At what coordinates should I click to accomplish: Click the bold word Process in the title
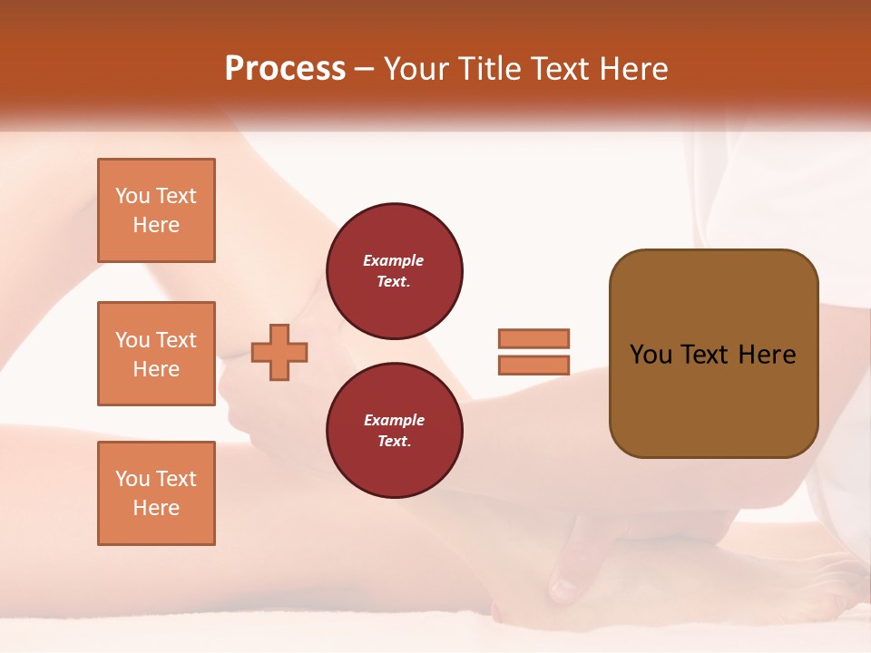(285, 69)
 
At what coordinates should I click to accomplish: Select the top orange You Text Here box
(156, 210)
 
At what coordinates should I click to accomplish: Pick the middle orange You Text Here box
(156, 354)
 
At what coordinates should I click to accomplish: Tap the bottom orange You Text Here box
(156, 493)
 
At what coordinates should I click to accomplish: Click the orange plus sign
(279, 352)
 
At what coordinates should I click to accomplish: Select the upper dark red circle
(394, 271)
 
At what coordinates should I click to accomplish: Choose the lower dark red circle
(394, 431)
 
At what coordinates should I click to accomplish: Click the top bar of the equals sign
(533, 338)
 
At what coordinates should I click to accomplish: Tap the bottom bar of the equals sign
(533, 365)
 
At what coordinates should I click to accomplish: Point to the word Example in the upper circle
(394, 260)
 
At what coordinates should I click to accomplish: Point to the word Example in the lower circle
(394, 420)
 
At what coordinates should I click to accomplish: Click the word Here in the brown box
(767, 355)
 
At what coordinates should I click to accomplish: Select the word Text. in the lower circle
(394, 442)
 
